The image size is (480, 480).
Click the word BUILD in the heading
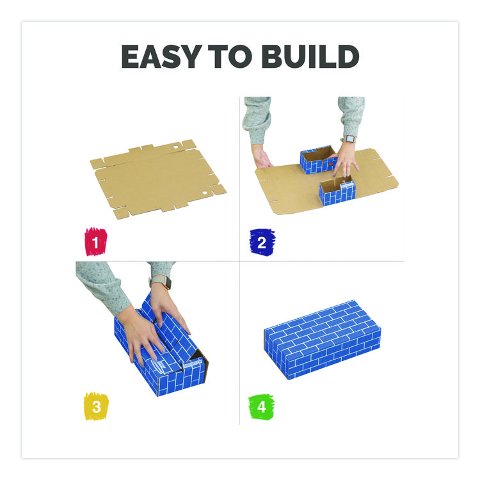[x=310, y=56]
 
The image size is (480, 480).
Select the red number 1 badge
[x=96, y=242]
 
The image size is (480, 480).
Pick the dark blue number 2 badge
[x=262, y=242]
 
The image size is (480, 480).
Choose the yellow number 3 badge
[x=96, y=406]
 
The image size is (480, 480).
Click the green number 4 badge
[x=261, y=407]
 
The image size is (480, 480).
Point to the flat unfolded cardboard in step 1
[x=158, y=179]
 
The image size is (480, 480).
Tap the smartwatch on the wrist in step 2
[x=349, y=139]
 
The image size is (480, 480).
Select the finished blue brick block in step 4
[x=323, y=339]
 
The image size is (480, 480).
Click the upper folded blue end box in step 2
[x=318, y=159]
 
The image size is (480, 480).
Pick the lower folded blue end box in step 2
[x=337, y=192]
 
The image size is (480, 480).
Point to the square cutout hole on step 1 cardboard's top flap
[x=176, y=147]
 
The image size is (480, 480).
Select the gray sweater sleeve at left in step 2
[x=257, y=120]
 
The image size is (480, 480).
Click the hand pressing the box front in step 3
[x=144, y=338]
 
